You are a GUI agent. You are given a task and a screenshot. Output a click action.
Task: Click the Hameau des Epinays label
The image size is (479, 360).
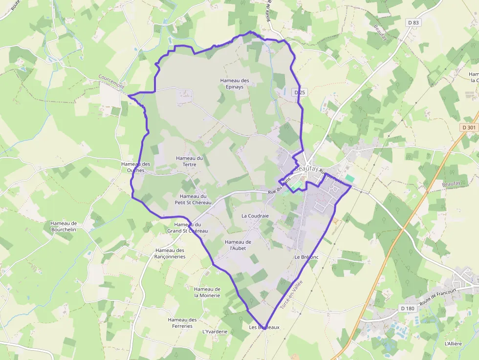coord(235,84)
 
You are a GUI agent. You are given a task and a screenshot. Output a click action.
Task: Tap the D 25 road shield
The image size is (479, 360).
coord(300,92)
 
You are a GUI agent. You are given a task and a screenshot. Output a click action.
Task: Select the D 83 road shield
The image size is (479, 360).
coord(414,22)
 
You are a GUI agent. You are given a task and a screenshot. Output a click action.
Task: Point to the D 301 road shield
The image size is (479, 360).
coord(468,127)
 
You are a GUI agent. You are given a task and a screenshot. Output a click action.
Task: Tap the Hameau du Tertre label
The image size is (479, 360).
coord(189,161)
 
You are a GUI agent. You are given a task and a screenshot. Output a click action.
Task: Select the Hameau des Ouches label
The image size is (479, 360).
coord(136,167)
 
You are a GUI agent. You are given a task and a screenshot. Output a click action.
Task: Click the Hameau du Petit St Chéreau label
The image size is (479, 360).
coord(193,199)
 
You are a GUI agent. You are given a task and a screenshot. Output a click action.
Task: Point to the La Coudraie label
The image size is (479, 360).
coord(255,215)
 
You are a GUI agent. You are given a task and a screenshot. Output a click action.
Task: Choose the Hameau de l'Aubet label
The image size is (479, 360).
coord(238,245)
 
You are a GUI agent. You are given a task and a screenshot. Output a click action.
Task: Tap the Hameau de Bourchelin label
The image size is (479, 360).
coord(64,226)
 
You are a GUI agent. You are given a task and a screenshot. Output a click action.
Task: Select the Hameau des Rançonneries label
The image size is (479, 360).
coord(170,254)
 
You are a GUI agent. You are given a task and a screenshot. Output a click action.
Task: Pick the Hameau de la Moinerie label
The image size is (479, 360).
coord(207,292)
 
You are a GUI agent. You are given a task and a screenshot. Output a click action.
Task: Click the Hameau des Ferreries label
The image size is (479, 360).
coord(182,323)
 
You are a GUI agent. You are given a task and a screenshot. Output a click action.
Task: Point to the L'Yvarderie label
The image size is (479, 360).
coord(215,332)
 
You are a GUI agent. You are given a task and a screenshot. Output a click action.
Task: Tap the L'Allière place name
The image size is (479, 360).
coord(453,343)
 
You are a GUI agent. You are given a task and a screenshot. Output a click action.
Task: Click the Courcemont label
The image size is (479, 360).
coord(111,82)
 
